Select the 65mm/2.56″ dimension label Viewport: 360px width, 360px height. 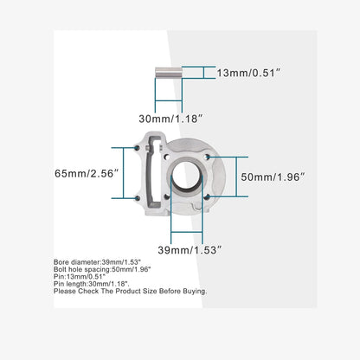coord(86,173)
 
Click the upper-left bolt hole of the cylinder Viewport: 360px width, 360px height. coord(138,148)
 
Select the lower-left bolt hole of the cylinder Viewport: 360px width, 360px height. coord(138,198)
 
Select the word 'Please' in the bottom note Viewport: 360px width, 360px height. coord(64,292)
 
